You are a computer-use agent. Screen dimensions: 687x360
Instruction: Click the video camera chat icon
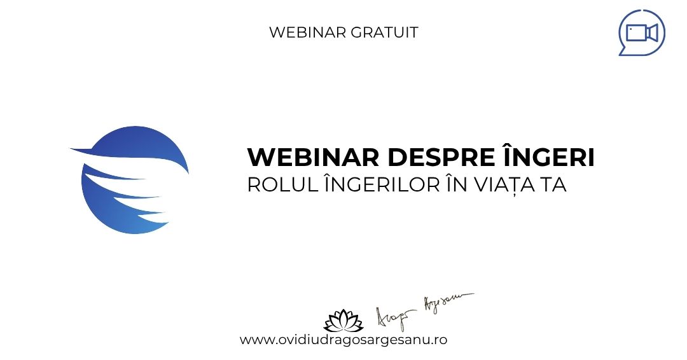click(x=641, y=33)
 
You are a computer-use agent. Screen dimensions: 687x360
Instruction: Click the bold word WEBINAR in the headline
click(x=313, y=157)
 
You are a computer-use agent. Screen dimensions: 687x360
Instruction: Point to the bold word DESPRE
click(x=441, y=157)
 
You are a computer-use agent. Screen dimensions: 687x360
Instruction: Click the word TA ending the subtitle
click(x=554, y=185)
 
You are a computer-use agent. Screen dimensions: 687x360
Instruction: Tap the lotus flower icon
click(x=343, y=321)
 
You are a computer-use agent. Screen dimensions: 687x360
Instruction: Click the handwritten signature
click(x=424, y=312)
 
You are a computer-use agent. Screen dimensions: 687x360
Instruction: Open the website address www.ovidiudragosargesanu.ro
click(x=343, y=340)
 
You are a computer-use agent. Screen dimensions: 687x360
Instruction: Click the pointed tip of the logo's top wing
click(x=71, y=149)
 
